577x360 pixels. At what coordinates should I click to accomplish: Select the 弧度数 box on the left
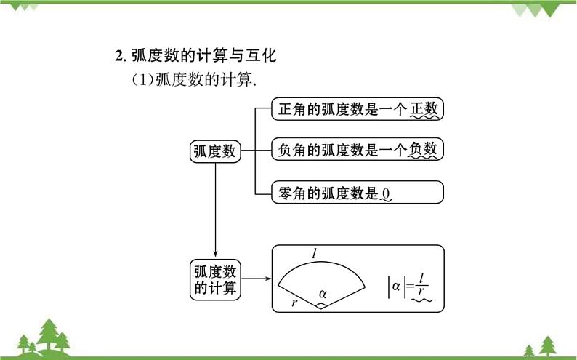tap(214, 151)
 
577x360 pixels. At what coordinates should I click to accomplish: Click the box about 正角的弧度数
tap(357, 109)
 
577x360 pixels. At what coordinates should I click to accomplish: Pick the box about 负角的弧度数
tap(357, 150)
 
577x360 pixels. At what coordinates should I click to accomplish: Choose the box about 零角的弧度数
tap(357, 192)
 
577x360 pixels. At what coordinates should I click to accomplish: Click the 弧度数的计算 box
tap(215, 279)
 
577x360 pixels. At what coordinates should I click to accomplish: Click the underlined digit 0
tap(387, 193)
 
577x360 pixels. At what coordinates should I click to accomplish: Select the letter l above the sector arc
tap(314, 253)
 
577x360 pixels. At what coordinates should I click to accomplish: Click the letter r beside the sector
tap(294, 302)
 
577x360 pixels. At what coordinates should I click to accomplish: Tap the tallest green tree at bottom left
tap(49, 334)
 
